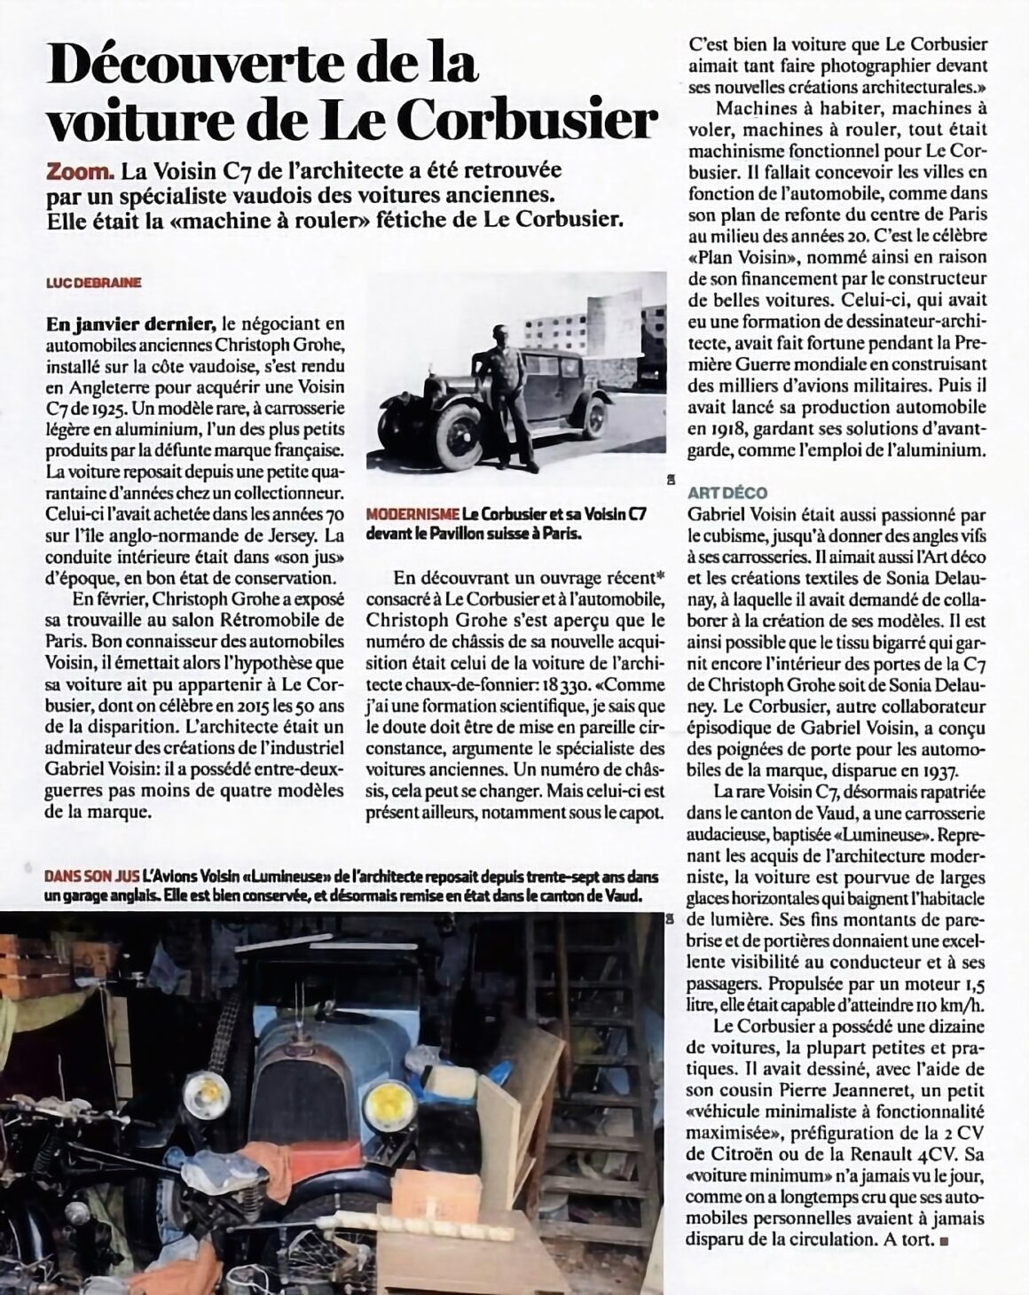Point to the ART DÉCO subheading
pos(727,492)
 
